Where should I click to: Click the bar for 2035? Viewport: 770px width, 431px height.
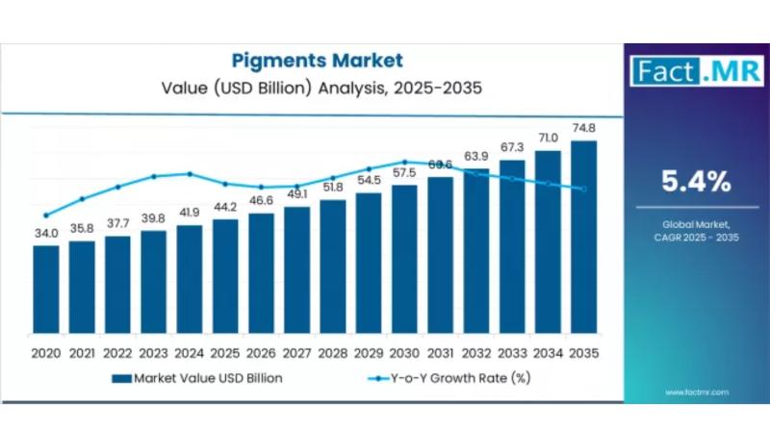[583, 240]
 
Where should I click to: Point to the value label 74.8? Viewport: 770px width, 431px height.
[583, 129]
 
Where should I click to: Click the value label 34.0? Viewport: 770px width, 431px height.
[46, 233]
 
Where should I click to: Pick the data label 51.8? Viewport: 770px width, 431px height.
[333, 188]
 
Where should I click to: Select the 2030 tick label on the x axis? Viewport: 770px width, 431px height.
[404, 353]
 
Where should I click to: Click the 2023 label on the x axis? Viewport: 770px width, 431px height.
[153, 353]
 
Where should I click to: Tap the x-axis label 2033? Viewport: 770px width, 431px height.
[512, 353]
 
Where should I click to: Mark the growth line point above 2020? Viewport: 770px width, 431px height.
[46, 215]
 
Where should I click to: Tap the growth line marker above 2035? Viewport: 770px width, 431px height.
[583, 189]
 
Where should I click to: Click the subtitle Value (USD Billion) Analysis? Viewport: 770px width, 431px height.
[317, 88]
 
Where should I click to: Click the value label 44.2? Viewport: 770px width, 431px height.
[225, 207]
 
